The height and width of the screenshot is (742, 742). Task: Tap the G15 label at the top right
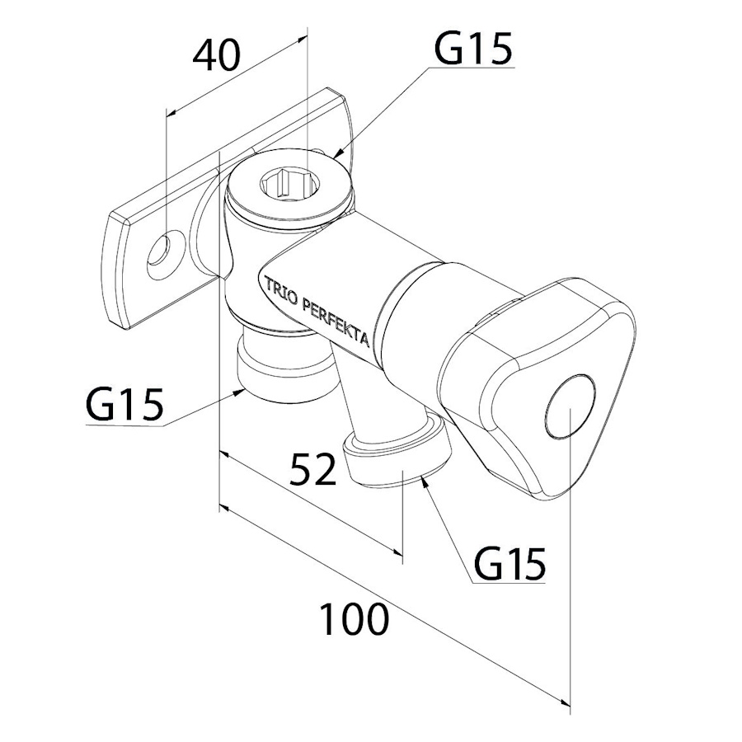click(473, 49)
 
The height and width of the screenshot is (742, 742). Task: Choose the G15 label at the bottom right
click(510, 565)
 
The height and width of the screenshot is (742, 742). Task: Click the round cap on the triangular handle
click(571, 410)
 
